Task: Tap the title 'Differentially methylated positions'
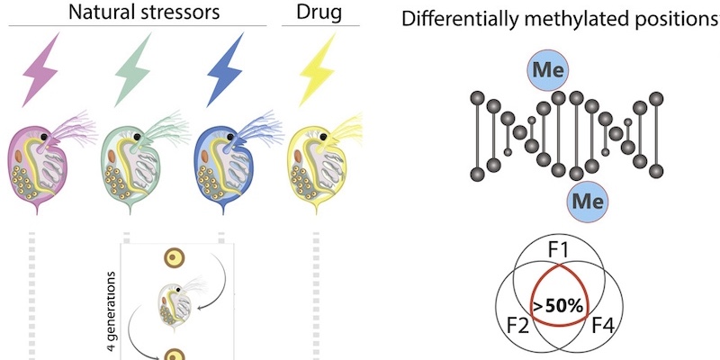[x=559, y=20]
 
